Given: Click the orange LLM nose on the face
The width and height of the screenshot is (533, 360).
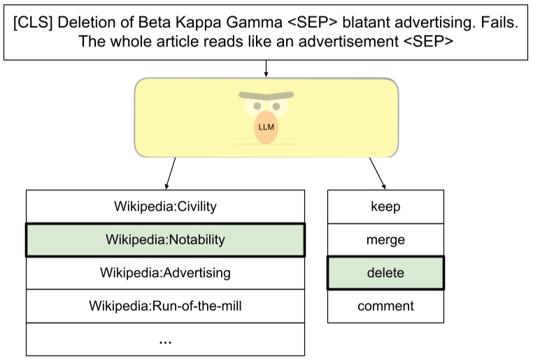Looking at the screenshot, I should [266, 127].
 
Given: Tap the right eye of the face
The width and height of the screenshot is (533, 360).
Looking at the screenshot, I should [277, 107].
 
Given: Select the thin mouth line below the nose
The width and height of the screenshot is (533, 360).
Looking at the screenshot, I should [266, 145].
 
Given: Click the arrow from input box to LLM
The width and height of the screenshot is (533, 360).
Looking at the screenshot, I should [266, 68].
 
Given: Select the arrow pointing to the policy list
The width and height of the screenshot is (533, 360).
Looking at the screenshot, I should [171, 173].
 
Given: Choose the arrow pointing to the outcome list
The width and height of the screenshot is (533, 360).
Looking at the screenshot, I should [377, 173].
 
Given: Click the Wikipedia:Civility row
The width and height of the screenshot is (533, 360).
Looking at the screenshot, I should [165, 206].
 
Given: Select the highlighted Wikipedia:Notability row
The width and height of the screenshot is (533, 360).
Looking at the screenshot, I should [165, 240].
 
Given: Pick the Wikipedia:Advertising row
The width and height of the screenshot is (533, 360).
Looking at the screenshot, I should [165, 273].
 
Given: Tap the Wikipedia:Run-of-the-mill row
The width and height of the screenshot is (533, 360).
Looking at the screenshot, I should [165, 305].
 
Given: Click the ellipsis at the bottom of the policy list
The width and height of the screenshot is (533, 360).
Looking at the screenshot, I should [165, 341].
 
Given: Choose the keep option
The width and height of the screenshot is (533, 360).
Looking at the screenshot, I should [385, 206].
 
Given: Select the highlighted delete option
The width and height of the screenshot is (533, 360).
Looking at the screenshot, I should [385, 273].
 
